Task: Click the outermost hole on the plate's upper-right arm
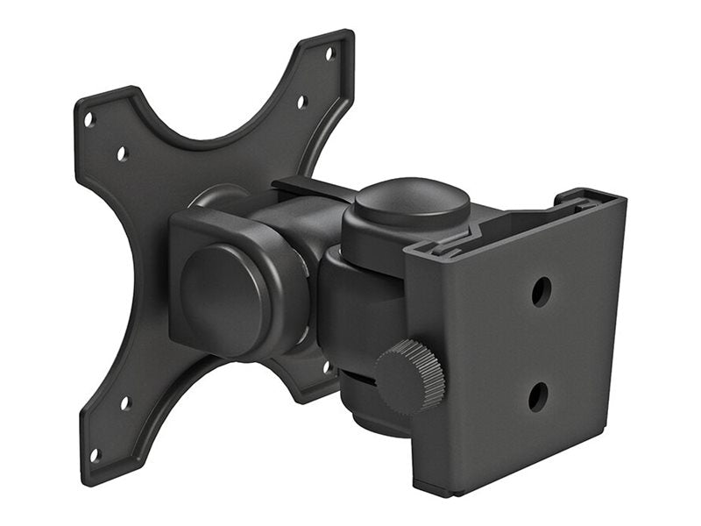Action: click(330, 53)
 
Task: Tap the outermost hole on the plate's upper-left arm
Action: click(89, 118)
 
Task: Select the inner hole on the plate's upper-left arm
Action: click(122, 154)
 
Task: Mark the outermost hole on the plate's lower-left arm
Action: click(95, 454)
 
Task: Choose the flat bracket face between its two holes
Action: click(539, 345)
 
